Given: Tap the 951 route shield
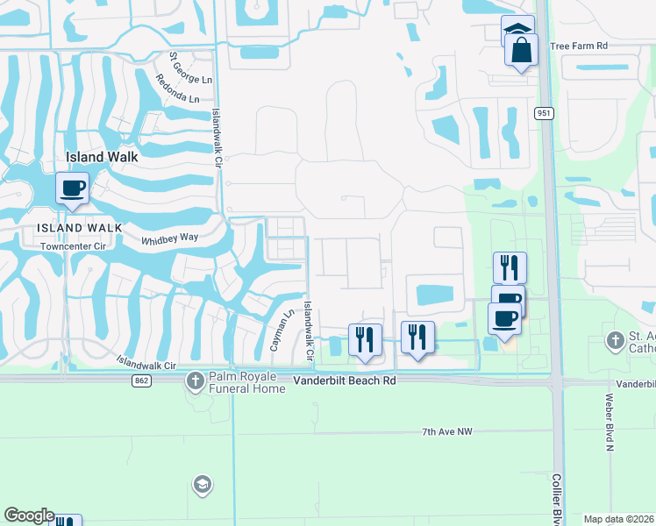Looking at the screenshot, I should point(544,113).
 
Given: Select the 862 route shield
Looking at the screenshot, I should point(141,381).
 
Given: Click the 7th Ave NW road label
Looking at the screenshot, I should point(447,432).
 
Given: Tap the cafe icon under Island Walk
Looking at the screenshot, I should point(72,188).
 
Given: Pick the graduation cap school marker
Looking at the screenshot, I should point(202,485).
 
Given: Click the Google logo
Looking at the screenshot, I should point(29,515).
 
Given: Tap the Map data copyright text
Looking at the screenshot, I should point(619,519).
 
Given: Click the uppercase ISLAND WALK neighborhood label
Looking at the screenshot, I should point(67,228).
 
